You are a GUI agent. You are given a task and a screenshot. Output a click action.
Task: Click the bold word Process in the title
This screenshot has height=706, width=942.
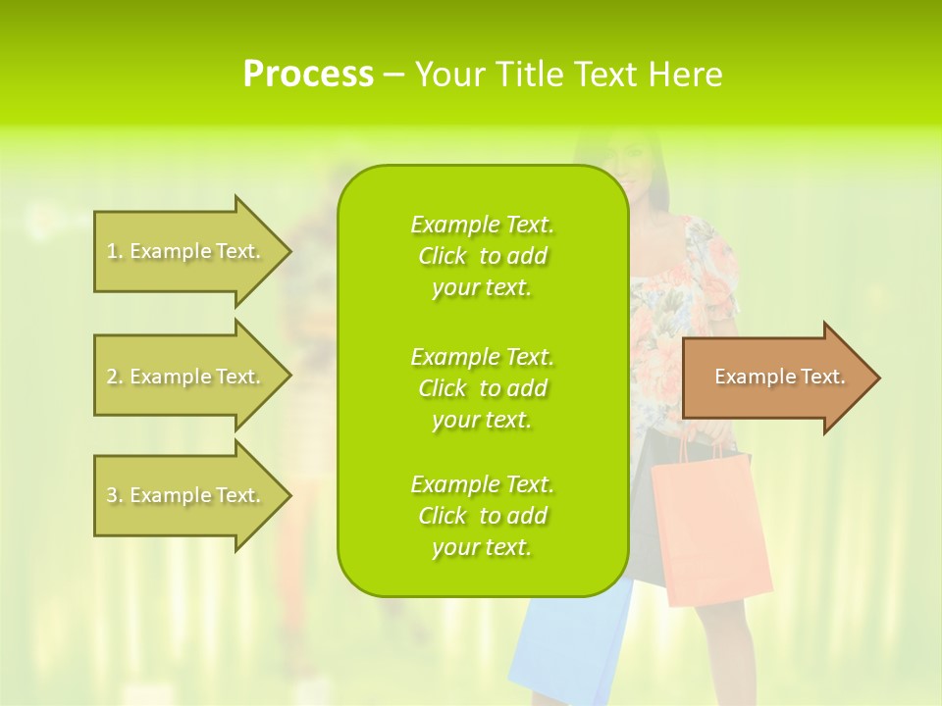click(307, 75)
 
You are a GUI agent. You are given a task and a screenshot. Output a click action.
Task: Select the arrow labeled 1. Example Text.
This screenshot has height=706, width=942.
click(186, 251)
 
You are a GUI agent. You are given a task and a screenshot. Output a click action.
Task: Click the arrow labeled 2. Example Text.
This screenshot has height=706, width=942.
click(186, 377)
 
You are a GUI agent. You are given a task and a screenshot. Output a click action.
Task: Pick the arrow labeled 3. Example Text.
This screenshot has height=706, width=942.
click(186, 495)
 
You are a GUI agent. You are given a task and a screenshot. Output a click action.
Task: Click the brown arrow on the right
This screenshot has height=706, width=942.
click(775, 378)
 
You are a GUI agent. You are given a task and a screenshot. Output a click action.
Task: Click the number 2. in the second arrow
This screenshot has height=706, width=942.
click(114, 377)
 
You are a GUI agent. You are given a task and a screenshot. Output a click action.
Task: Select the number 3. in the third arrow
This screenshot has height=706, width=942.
click(114, 495)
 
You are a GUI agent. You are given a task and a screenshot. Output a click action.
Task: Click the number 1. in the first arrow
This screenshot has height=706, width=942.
click(114, 251)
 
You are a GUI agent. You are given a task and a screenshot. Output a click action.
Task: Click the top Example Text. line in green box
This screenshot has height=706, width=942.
click(482, 225)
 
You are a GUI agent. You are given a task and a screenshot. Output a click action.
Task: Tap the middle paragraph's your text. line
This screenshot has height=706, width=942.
click(482, 420)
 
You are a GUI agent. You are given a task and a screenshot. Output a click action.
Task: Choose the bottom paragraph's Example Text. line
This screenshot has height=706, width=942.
click(482, 484)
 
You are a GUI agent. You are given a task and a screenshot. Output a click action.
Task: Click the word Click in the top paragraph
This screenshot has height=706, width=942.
click(443, 256)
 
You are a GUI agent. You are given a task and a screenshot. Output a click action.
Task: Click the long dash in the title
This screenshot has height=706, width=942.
click(394, 75)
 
